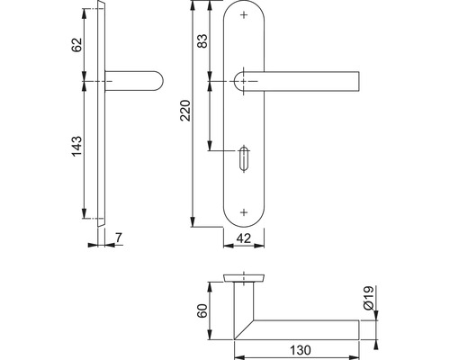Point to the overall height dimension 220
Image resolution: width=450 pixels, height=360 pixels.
(184, 112)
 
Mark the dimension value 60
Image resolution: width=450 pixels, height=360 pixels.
(202, 311)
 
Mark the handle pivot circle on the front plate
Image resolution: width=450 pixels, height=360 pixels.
(243, 82)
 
